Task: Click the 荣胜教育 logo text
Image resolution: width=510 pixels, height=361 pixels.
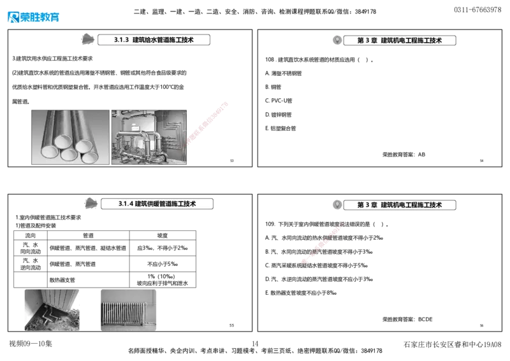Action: click(x=40, y=18)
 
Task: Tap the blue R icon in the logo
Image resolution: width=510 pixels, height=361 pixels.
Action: click(x=12, y=17)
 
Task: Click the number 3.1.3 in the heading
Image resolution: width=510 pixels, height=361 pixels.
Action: click(x=119, y=40)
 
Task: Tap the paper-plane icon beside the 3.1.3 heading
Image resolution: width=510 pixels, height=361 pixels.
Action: click(x=86, y=39)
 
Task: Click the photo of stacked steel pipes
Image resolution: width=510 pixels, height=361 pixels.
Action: click(x=70, y=137)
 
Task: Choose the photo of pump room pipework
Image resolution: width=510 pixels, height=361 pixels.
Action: click(x=149, y=137)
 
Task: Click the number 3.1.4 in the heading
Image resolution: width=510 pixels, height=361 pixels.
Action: click(x=125, y=204)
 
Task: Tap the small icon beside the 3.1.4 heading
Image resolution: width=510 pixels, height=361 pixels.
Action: click(x=90, y=203)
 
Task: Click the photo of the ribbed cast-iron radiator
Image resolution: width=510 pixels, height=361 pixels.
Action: click(x=127, y=309)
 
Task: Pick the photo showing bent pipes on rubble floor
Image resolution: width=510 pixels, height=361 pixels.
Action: click(x=51, y=309)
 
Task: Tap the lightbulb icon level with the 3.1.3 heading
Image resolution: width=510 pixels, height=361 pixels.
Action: click(x=337, y=40)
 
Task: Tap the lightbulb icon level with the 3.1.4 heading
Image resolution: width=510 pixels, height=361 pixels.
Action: click(x=337, y=205)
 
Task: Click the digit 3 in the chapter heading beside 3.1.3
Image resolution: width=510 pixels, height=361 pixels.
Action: click(x=367, y=41)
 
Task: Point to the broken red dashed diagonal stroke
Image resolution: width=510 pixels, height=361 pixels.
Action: click(x=321, y=243)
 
